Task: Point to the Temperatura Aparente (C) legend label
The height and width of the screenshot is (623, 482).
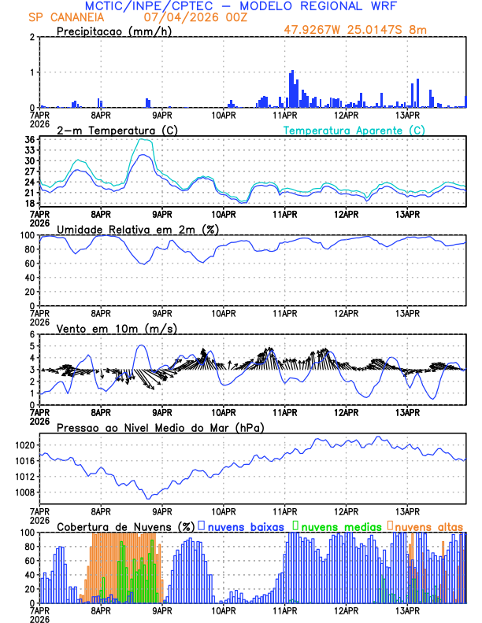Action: tap(354, 130)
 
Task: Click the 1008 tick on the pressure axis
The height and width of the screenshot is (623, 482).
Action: tap(24, 492)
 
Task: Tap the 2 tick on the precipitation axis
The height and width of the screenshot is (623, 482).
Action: tap(32, 38)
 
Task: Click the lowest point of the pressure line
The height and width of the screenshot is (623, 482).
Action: tap(147, 498)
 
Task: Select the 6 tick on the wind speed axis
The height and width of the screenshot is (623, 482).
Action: tap(32, 334)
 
